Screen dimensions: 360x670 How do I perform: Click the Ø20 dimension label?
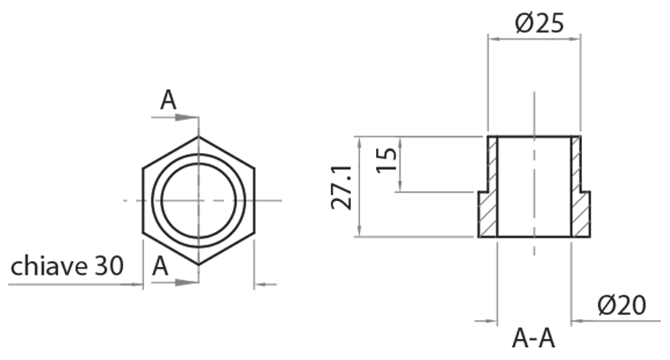coord(621,306)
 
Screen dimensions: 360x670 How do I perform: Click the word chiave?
coord(49,266)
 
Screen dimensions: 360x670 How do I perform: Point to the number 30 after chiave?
coord(109,266)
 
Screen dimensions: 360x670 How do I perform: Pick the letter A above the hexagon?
coord(168,100)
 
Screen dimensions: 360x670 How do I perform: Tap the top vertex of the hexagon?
coord(198,136)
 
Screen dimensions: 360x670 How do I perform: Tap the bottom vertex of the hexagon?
coord(198,265)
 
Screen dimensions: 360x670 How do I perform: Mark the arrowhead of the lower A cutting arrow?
coord(193,284)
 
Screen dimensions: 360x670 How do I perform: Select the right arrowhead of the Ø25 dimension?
coord(575,38)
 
